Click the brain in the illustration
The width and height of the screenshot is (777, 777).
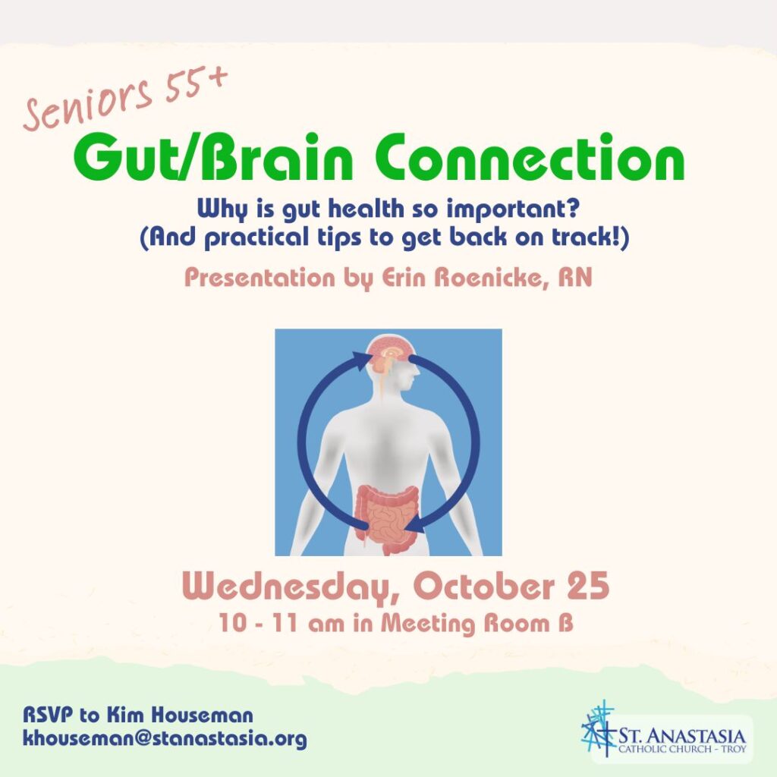coord(388,354)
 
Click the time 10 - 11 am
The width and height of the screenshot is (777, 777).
coord(282,624)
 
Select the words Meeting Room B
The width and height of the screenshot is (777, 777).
coord(477,624)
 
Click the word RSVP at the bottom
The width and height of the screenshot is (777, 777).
coord(48,715)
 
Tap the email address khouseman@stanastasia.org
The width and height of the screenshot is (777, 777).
coord(165,739)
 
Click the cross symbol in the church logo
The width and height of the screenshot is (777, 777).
coord(599,728)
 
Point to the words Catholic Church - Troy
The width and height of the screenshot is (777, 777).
coord(682,748)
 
